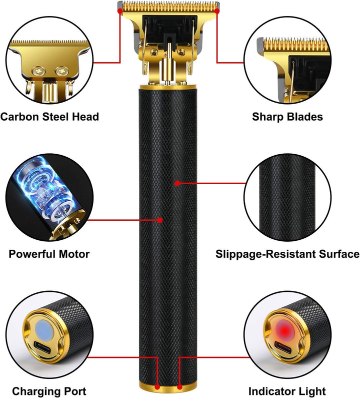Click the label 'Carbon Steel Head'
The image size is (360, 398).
pyautogui.click(x=49, y=117)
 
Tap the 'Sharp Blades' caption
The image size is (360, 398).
pyautogui.click(x=287, y=117)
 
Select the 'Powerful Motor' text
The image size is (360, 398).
pyautogui.click(x=49, y=254)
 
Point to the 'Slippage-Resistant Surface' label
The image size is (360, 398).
pyautogui.click(x=287, y=254)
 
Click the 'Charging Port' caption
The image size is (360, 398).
pyautogui.click(x=49, y=391)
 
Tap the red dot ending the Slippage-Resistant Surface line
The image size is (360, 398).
pyautogui.click(x=177, y=184)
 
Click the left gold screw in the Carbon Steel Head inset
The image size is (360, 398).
pyautogui.click(x=37, y=71)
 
